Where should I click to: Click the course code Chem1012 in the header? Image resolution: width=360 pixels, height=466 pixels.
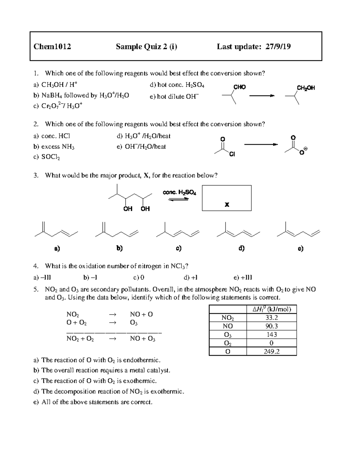[x=52, y=47]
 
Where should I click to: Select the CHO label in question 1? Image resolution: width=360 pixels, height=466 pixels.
[x=239, y=87]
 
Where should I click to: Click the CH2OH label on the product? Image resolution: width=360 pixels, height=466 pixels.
[x=306, y=88]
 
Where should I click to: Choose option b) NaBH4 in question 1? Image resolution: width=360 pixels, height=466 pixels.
[x=81, y=96]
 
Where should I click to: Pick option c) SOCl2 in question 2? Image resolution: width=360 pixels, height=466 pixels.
[x=47, y=157]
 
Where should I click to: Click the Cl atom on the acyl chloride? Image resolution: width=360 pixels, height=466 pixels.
[x=232, y=154]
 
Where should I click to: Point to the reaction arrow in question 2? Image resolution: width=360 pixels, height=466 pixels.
[x=261, y=145]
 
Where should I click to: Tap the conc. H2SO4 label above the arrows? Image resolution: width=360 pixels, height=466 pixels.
[x=179, y=192]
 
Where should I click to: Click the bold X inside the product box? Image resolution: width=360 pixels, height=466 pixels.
[x=227, y=205]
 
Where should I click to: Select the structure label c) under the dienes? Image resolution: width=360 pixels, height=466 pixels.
[x=178, y=248]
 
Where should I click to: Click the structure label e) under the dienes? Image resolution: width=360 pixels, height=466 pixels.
[x=300, y=248]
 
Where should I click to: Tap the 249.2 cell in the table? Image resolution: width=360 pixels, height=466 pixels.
[x=271, y=351]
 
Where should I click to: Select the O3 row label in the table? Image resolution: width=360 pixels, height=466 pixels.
[x=228, y=335]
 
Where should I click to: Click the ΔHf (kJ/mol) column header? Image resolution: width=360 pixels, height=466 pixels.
[x=271, y=309]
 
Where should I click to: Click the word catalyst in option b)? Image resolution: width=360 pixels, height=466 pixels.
[x=158, y=370]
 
